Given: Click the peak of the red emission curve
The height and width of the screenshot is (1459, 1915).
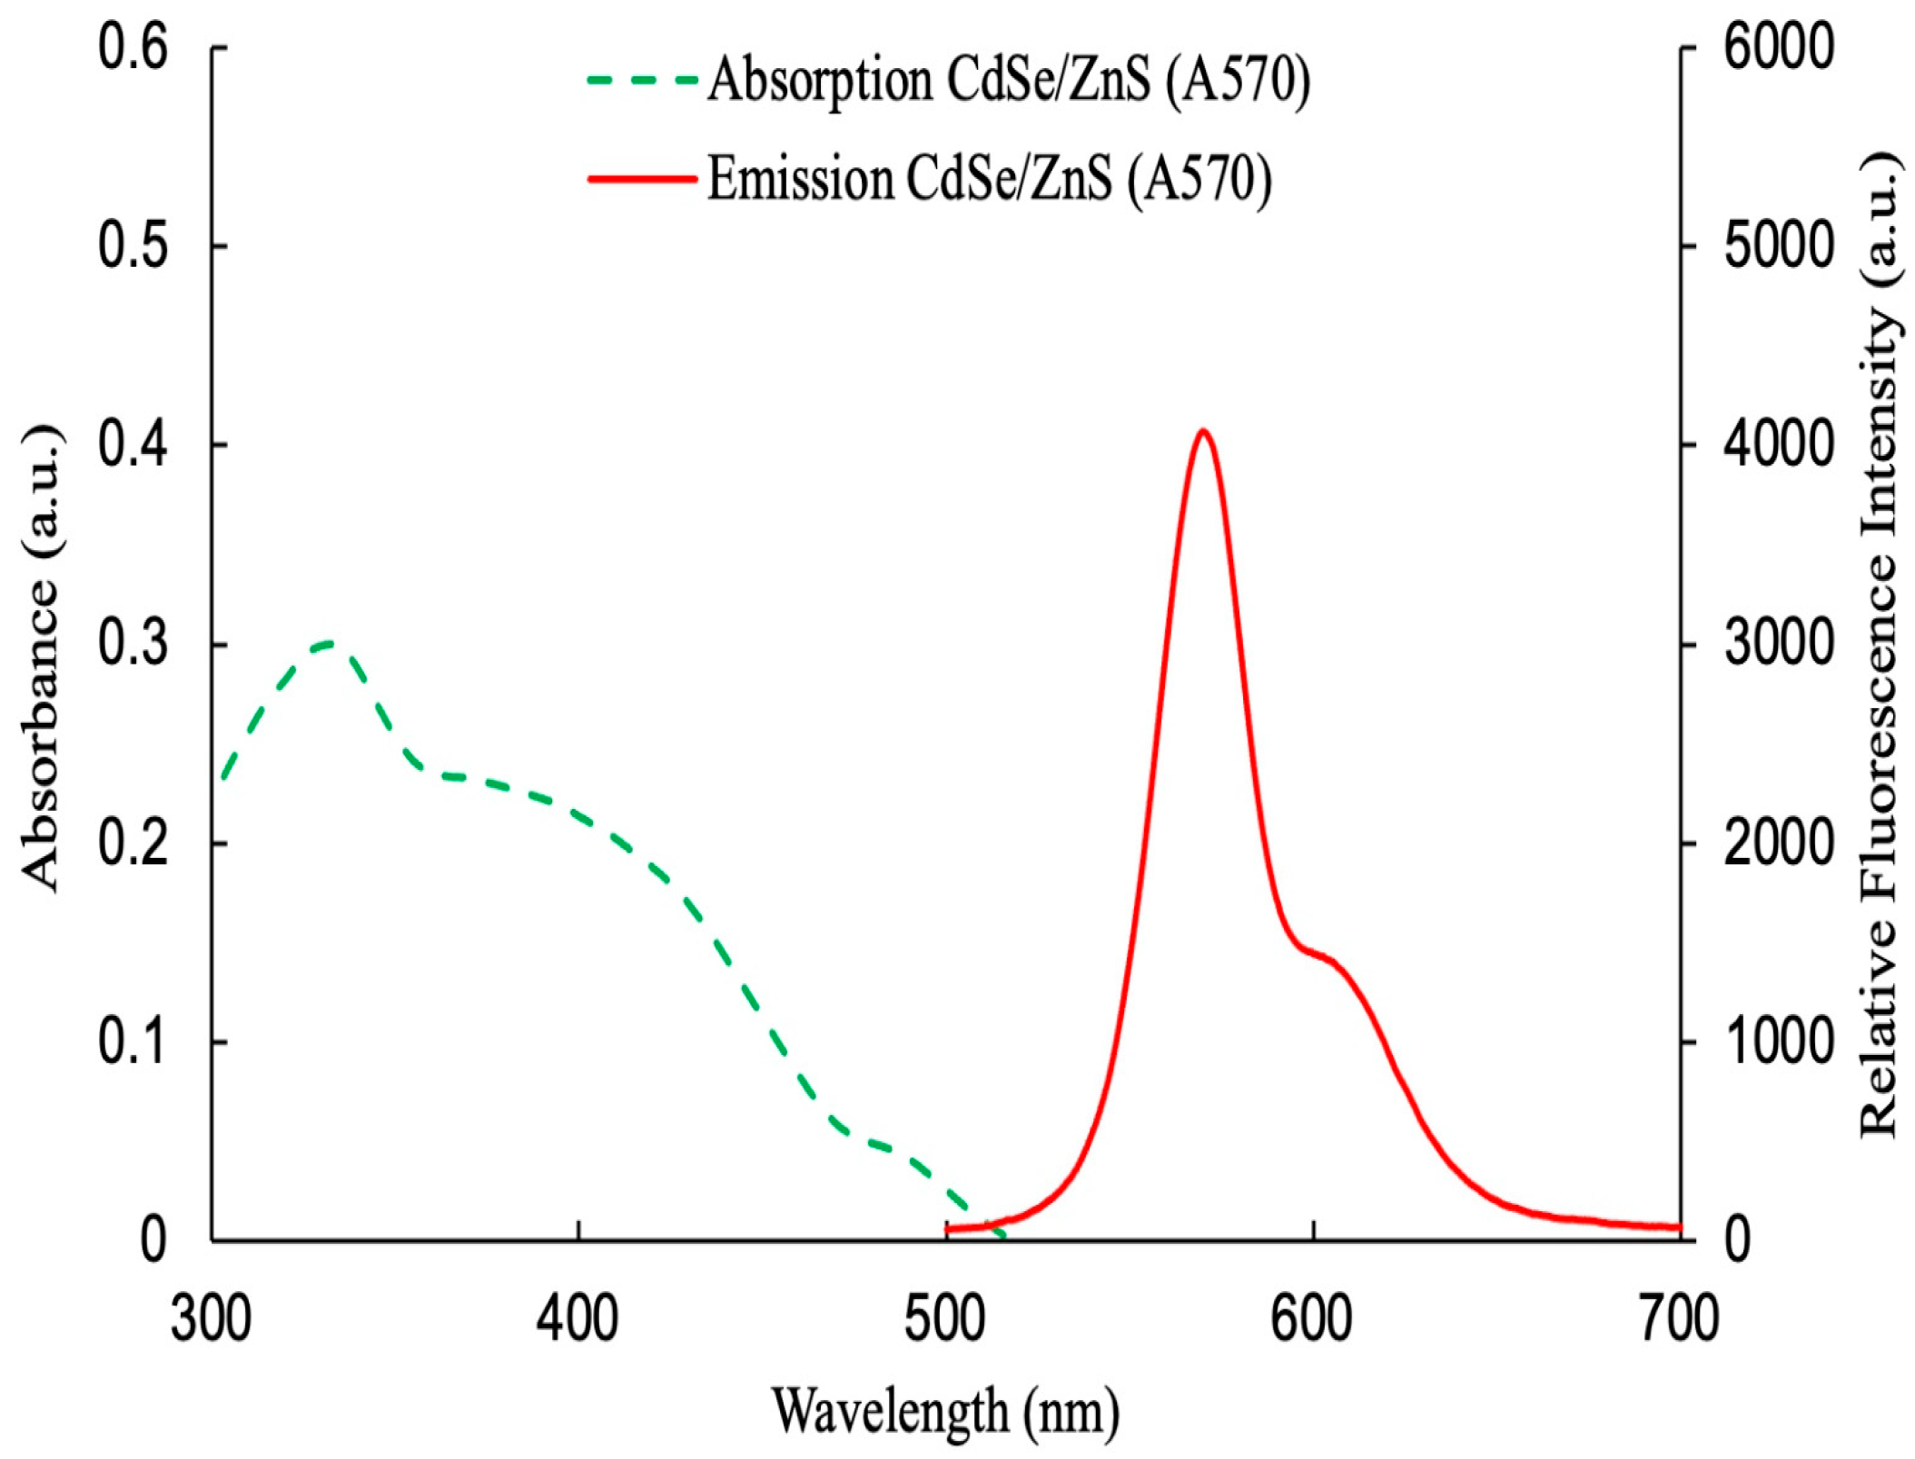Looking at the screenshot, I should click(1203, 431).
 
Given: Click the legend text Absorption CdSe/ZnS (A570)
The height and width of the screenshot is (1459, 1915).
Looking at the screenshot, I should click(1008, 82).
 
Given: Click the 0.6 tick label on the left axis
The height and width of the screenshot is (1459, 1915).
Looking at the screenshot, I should click(133, 47).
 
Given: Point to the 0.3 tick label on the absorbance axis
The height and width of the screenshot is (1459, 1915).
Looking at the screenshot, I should click(133, 644).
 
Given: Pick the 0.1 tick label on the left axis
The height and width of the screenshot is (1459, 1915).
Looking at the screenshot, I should click(133, 1041).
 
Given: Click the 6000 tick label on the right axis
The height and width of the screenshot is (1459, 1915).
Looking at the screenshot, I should click(1779, 47).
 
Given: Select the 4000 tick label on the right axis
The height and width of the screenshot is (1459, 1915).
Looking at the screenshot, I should click(1779, 445).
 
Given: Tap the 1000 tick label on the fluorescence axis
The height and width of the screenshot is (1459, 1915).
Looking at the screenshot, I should click(1779, 1041).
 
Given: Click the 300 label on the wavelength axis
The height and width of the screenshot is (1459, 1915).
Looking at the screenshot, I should click(212, 1318).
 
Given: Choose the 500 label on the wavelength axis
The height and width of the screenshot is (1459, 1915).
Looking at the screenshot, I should click(945, 1318).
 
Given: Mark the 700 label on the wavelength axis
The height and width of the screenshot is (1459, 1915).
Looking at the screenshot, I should click(1679, 1318).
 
